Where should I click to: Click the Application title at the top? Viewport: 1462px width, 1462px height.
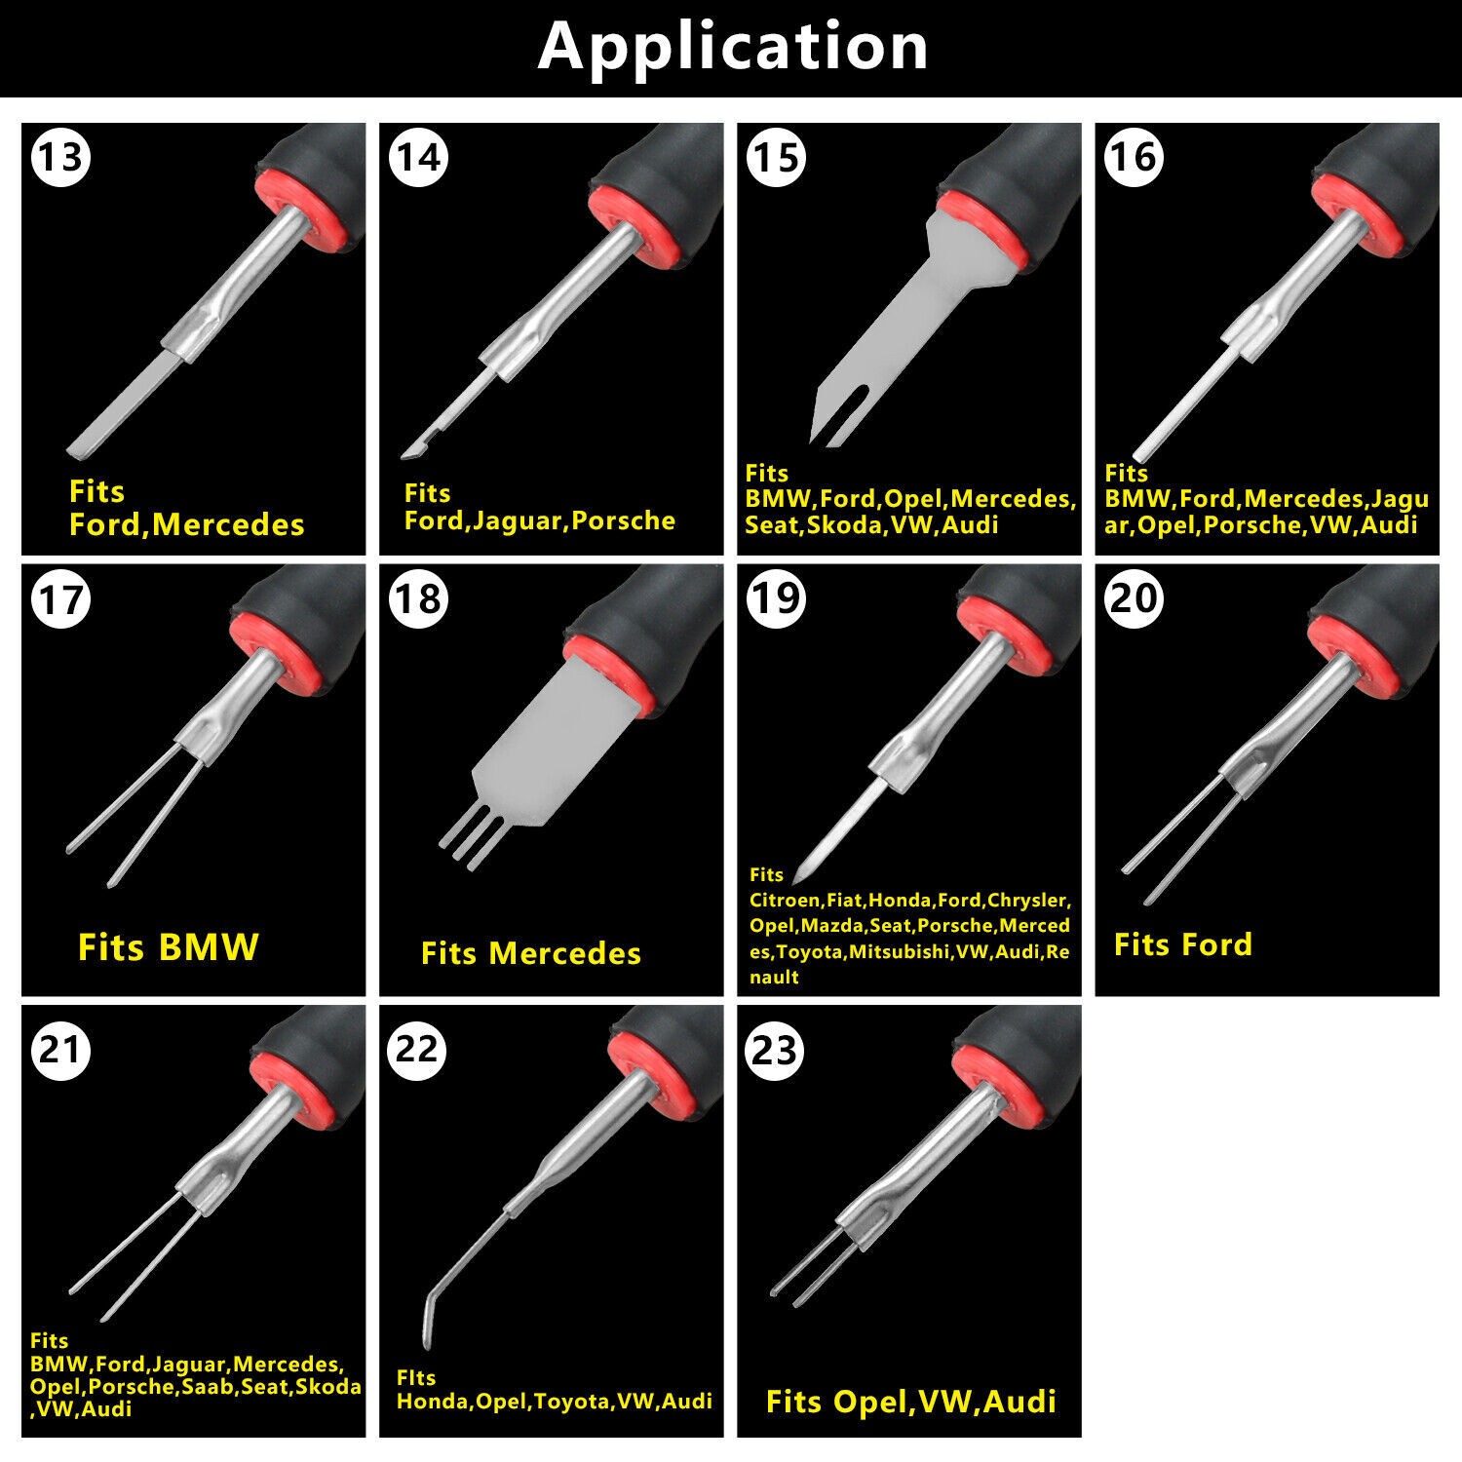733,46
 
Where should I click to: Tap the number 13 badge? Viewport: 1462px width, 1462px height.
60,157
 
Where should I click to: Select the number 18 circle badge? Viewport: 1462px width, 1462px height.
418,598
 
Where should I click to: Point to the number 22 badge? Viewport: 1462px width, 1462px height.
418,1050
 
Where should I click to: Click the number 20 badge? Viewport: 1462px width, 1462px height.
1135,597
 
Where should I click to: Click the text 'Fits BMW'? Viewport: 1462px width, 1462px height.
169,946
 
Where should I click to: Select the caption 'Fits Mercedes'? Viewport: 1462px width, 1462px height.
531,952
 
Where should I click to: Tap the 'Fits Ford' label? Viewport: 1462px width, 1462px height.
1183,943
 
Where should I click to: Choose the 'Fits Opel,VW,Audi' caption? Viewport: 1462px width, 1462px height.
911,1402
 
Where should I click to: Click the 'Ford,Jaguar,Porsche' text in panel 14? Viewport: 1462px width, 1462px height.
540,520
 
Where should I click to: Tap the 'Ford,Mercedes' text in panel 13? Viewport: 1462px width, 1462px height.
187,525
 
